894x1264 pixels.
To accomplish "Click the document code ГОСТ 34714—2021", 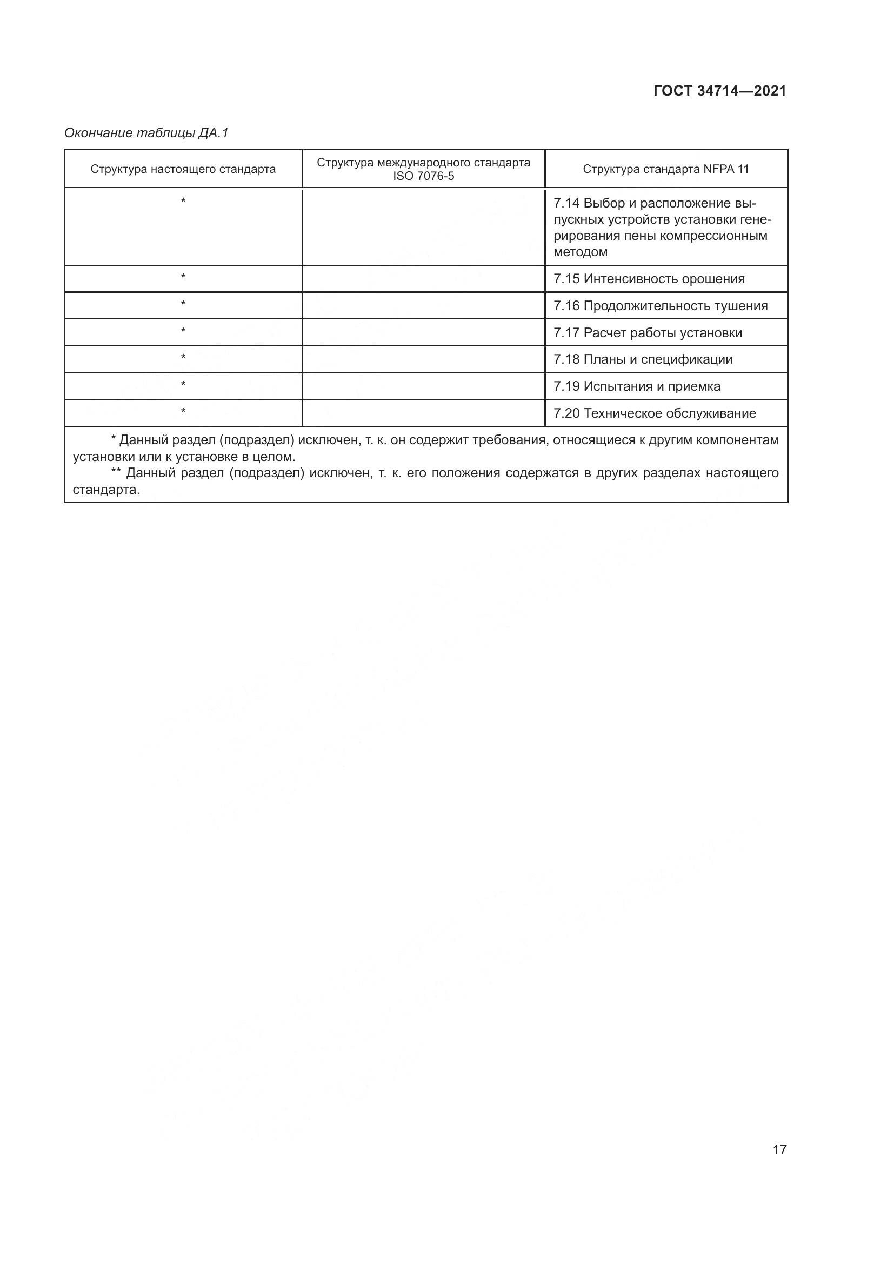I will [719, 91].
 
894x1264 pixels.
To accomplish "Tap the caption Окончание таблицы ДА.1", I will [146, 133].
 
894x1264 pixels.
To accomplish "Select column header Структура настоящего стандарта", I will [183, 169].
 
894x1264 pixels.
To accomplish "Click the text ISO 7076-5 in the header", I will [423, 177].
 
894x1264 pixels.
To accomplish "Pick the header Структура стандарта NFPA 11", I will [665, 169].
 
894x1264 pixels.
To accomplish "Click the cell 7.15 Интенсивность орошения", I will [649, 278].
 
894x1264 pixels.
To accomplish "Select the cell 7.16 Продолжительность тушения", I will [660, 305].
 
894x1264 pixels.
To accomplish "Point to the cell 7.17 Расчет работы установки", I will [648, 332].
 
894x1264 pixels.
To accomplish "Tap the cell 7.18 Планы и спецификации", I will [643, 359].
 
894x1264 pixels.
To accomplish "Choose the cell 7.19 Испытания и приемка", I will [636, 386].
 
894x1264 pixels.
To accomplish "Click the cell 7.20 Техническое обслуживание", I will [654, 413].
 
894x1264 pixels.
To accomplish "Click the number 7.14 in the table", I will [566, 203].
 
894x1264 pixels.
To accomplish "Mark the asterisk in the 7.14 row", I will [183, 201].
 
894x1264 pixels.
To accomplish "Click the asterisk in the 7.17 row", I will [183, 330].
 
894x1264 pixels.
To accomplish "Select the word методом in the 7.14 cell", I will [580, 252].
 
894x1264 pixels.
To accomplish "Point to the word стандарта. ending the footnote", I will [106, 490].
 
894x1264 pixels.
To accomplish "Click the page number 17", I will [779, 1149].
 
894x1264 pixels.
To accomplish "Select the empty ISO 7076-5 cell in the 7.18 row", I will [423, 359].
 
